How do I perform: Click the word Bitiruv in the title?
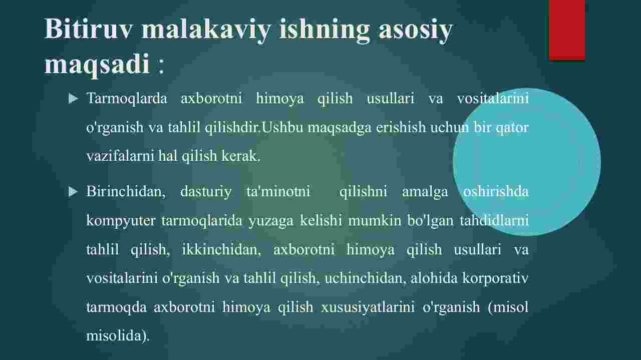coord(88,29)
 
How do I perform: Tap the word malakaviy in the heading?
coord(206,30)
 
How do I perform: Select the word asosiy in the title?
coord(416,31)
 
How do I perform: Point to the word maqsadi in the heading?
coord(97,65)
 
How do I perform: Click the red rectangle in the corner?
coord(566,30)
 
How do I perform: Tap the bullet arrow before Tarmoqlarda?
coord(73,99)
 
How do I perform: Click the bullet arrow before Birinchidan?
coord(73,191)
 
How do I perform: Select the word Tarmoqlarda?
coord(127,99)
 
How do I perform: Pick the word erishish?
coord(401,127)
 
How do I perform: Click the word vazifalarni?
coord(120,156)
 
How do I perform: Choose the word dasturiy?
coord(206,192)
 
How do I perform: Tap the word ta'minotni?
coord(278,191)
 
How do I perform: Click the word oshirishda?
coord(496,191)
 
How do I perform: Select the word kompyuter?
coord(121,221)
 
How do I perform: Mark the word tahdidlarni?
coord(494,220)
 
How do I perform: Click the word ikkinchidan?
coord(221,249)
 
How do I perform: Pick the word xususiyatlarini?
coord(368,307)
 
